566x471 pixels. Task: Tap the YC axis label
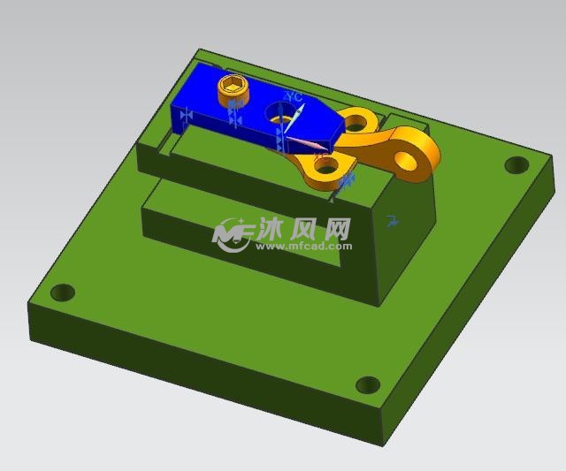(x=294, y=96)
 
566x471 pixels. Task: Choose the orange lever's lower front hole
(x=325, y=165)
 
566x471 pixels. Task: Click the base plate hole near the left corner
(x=62, y=292)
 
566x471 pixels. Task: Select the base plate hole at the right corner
(x=515, y=164)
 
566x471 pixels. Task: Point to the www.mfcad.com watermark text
(x=304, y=247)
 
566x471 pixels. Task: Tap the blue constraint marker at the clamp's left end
(x=186, y=115)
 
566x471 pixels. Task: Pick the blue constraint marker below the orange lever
(x=347, y=180)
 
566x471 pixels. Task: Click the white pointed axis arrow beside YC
(x=299, y=116)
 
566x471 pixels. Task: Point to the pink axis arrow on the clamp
(x=305, y=142)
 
